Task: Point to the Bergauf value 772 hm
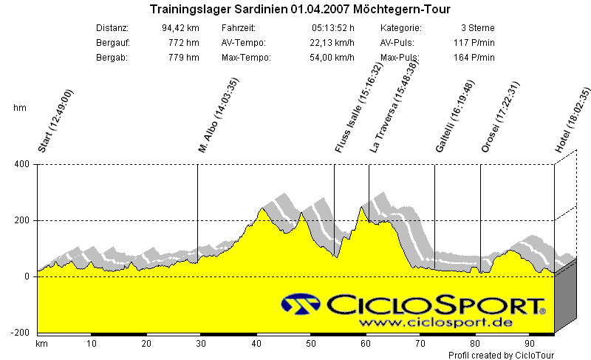click(x=184, y=43)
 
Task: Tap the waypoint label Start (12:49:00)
click(x=56, y=120)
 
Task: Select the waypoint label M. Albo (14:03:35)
click(x=219, y=116)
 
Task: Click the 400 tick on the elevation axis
click(x=21, y=164)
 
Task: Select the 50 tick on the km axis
click(x=311, y=344)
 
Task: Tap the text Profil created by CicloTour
click(x=501, y=356)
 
